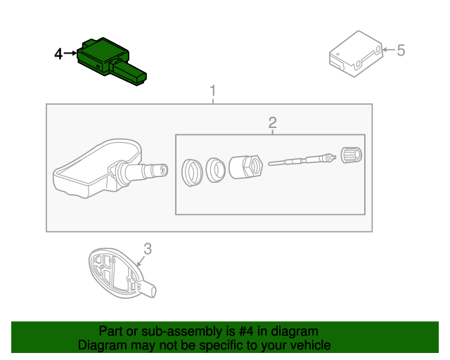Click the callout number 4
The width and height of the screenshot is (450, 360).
coord(59,53)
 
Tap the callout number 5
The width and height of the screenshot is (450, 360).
coord(401,50)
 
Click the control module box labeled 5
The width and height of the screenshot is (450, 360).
coord(355,52)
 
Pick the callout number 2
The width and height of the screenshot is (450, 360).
coord(273,124)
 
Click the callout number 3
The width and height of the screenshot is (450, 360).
coord(148,247)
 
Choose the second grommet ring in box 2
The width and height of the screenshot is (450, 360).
coord(215,169)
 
